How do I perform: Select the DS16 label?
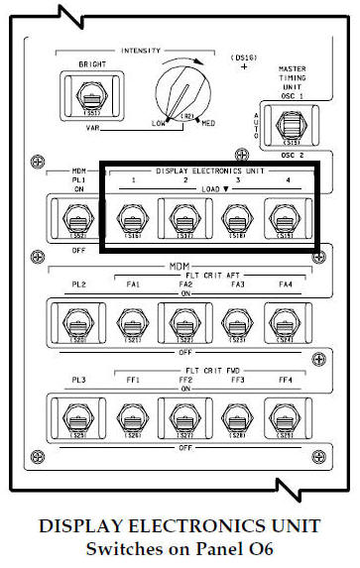point(244,57)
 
